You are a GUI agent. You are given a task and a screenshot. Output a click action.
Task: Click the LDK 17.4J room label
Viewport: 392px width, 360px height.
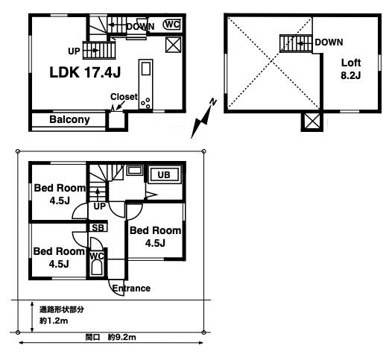(x=85, y=72)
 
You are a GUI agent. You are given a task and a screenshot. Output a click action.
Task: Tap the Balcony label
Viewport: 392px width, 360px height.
(x=69, y=119)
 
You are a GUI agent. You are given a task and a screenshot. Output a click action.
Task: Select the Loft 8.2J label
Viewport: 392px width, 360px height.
(x=351, y=69)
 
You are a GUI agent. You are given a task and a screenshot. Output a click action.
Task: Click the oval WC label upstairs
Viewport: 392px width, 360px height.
(x=171, y=25)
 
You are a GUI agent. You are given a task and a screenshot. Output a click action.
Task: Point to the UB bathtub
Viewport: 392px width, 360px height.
(x=164, y=174)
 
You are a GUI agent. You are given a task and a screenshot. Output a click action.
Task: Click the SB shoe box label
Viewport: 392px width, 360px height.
(x=98, y=228)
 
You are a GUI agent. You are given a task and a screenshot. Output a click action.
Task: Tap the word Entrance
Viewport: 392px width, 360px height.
(x=131, y=288)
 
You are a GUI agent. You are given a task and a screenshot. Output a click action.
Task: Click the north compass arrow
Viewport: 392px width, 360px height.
(x=203, y=119)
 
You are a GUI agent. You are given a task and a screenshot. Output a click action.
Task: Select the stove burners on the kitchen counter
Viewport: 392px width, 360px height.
(x=146, y=103)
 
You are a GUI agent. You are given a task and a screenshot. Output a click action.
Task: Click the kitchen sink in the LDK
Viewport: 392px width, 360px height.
(x=146, y=69)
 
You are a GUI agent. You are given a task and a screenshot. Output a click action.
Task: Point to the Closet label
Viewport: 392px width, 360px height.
(x=124, y=96)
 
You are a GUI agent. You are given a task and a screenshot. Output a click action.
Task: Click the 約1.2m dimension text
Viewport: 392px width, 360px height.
(x=54, y=320)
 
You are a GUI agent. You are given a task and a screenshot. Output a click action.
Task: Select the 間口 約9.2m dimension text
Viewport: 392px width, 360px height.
(x=111, y=337)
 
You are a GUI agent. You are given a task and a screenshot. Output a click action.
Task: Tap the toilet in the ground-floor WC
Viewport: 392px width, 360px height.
(x=97, y=268)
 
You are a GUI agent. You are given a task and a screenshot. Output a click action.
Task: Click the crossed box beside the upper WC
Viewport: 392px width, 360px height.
(x=173, y=45)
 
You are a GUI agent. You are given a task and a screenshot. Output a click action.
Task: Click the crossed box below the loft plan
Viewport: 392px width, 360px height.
(x=312, y=121)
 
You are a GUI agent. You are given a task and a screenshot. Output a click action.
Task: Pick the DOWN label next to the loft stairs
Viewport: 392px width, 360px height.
(x=329, y=42)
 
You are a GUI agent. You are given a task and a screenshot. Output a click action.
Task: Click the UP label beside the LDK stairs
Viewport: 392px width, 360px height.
(x=74, y=51)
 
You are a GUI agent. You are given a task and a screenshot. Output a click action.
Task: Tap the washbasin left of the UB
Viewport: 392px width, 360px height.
(x=135, y=171)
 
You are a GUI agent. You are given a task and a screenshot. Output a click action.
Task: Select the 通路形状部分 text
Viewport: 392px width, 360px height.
(x=62, y=309)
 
